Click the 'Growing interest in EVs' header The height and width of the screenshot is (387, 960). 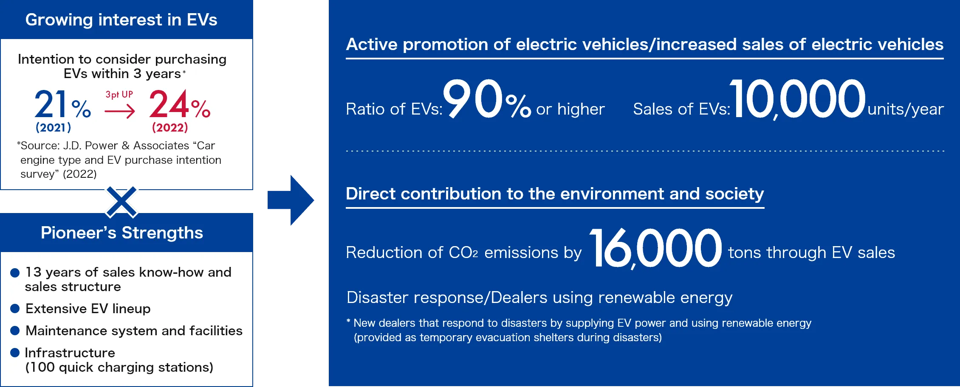(121, 20)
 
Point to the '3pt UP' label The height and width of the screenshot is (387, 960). (119, 95)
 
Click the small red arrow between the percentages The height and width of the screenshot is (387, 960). (119, 112)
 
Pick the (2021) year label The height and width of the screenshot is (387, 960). (53, 127)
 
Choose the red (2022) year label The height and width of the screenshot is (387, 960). (170, 127)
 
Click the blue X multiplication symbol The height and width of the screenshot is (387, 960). (121, 202)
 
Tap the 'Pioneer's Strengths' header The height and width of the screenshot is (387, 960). (122, 233)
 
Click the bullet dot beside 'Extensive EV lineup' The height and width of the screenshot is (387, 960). (15, 308)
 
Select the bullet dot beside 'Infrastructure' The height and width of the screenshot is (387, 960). (15, 353)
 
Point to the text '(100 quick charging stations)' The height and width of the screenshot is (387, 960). (119, 367)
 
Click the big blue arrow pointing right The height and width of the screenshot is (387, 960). (291, 200)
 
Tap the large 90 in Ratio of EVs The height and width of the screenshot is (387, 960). (473, 98)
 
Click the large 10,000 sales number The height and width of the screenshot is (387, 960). (797, 99)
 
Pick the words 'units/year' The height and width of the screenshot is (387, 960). (906, 109)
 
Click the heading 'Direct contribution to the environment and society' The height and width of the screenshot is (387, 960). (555, 193)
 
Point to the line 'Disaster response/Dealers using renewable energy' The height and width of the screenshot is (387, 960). (539, 298)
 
